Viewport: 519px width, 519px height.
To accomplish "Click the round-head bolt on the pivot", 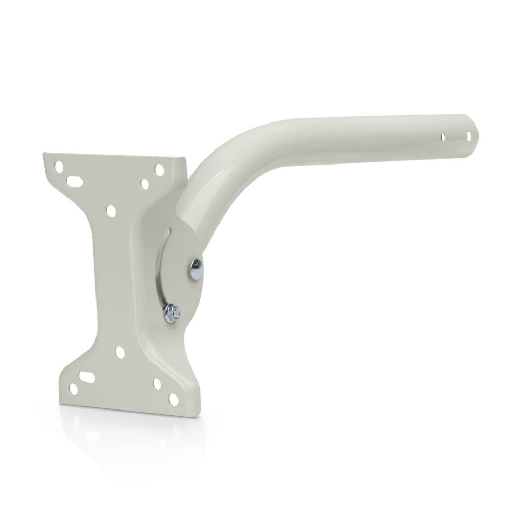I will coord(196,269).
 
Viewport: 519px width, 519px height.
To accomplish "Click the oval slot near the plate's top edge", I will coord(75,181).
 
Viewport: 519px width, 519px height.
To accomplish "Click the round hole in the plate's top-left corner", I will coord(60,167).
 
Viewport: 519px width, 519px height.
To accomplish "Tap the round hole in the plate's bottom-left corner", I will coord(74,389).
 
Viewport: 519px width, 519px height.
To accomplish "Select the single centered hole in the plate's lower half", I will coord(120,352).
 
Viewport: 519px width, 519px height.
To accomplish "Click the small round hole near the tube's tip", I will coord(443,137).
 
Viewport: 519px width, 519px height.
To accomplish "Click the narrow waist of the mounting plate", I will coord(112,280).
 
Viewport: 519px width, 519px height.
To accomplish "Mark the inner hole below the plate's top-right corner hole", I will coord(145,184).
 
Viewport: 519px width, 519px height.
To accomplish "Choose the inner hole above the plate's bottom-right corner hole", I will coord(157,384).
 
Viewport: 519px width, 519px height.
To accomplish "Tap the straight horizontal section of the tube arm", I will coord(363,138).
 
